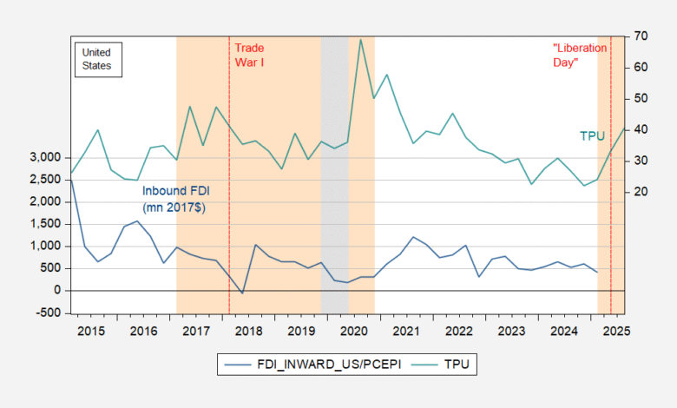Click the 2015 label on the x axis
point(91,331)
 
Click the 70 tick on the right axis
point(641,36)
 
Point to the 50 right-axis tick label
point(641,98)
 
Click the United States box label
point(96,59)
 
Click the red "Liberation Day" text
point(576,56)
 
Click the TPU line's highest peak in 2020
point(360,39)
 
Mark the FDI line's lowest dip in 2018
point(242,293)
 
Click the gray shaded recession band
point(335,174)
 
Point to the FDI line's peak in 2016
point(137,220)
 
